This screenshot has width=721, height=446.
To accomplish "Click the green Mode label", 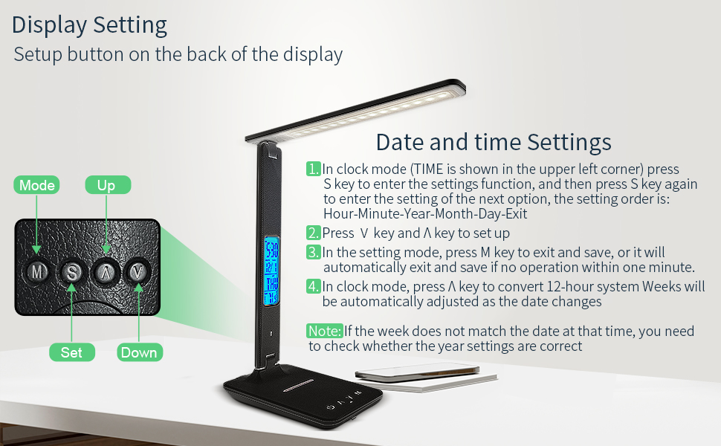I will tap(37, 185).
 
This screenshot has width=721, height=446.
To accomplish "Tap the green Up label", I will tap(107, 185).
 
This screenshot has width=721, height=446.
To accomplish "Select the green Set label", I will tap(71, 352).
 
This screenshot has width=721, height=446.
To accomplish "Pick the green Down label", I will tap(139, 352).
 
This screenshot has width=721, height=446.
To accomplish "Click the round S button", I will tap(72, 272).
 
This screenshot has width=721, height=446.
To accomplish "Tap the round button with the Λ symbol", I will tap(106, 272).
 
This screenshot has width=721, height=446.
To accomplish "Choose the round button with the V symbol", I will tap(138, 272).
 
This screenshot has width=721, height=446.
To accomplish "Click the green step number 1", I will tap(314, 169).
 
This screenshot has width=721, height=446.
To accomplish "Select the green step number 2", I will tap(314, 233).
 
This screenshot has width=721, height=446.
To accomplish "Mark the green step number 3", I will tap(314, 253).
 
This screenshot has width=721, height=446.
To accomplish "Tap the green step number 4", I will tap(314, 286).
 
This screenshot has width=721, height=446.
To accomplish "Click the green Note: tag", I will tap(324, 331).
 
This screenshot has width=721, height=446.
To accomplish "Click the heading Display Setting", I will tap(89, 25).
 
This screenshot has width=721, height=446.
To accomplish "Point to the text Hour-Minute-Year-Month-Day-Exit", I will tap(425, 214).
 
